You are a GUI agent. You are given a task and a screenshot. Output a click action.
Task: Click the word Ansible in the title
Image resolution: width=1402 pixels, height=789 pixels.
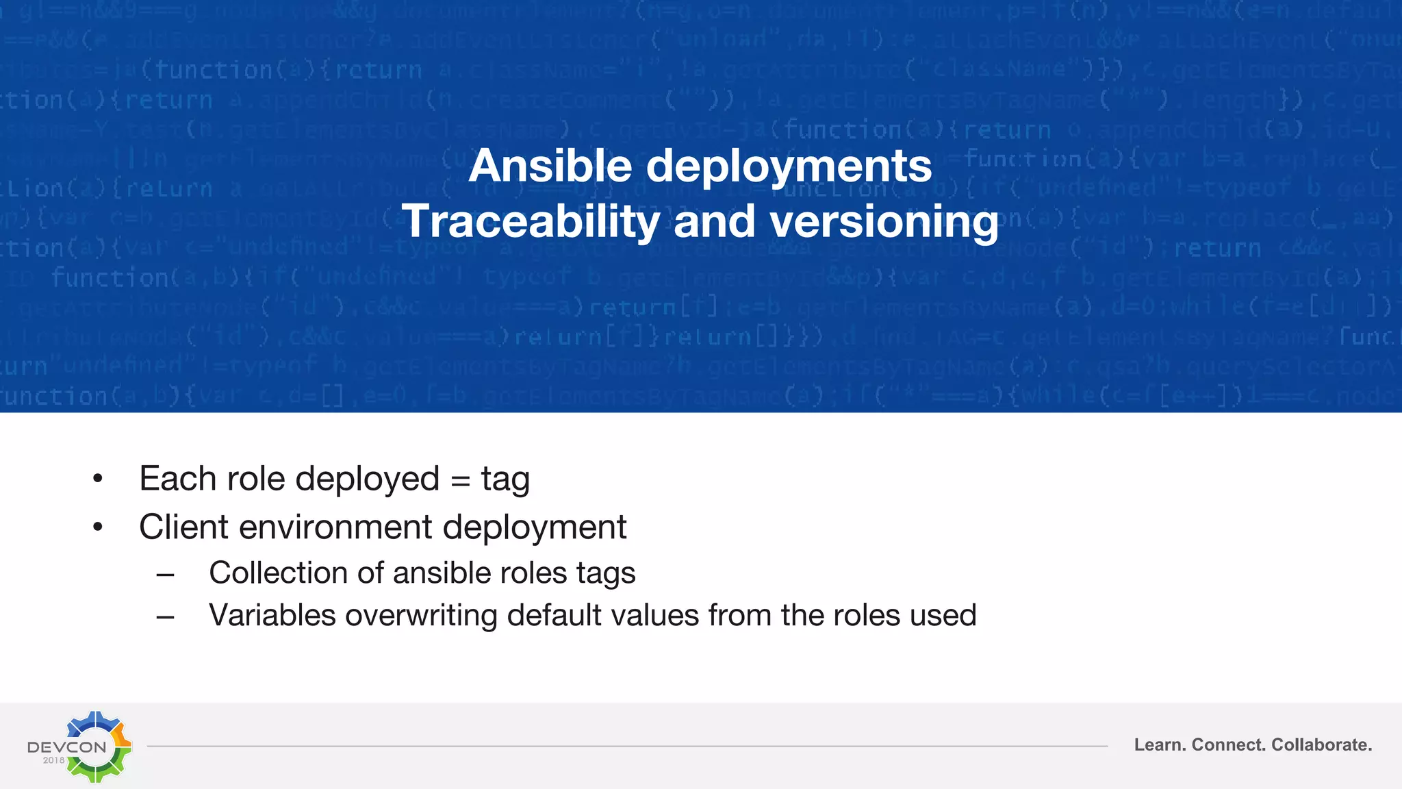(550, 166)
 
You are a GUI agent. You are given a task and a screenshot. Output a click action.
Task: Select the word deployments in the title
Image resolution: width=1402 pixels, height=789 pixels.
(789, 167)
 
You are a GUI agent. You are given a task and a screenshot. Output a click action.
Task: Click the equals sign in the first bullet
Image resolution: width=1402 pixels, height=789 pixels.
(461, 480)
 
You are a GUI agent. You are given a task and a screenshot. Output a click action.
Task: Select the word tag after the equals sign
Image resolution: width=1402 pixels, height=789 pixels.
(505, 480)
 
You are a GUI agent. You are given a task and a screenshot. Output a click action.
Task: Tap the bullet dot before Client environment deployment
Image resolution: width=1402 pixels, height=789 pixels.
(98, 527)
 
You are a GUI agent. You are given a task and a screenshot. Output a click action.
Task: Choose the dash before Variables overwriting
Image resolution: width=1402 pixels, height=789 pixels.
(165, 616)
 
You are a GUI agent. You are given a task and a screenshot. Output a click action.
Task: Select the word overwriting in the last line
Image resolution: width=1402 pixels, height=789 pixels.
(421, 616)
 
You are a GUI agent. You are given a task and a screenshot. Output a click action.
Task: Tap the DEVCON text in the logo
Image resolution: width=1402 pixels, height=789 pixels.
(66, 747)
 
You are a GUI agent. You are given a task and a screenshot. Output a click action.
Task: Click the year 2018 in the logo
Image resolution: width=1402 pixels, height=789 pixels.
(53, 760)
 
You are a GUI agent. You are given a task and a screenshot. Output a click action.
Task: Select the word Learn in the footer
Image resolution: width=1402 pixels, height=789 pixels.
(1159, 745)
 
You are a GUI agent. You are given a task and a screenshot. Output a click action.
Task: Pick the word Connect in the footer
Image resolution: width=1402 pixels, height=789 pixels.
(1229, 745)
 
